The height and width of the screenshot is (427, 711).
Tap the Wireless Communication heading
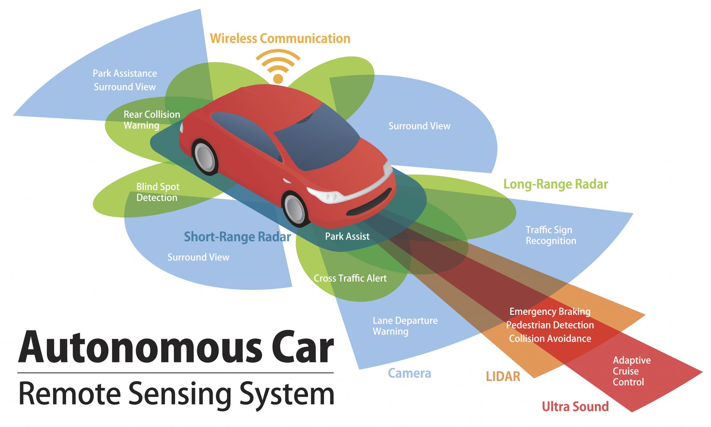tap(280, 38)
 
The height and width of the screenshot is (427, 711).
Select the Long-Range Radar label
tap(555, 184)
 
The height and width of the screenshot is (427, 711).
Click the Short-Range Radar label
tap(237, 237)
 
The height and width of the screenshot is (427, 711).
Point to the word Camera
tap(409, 373)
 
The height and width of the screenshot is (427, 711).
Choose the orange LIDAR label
tap(503, 376)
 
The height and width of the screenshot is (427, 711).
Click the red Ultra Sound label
tap(575, 407)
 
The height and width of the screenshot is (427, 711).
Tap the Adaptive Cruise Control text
tap(631, 371)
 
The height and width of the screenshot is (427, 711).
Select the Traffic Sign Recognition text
tap(551, 235)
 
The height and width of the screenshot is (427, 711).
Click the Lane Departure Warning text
tap(405, 326)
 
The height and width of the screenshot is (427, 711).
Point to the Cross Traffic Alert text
tap(350, 278)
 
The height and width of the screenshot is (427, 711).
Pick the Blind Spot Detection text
tap(158, 192)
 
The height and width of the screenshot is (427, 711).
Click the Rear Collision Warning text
tap(152, 120)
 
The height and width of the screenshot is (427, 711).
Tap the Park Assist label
tap(347, 237)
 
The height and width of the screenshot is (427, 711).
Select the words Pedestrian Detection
tap(550, 325)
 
